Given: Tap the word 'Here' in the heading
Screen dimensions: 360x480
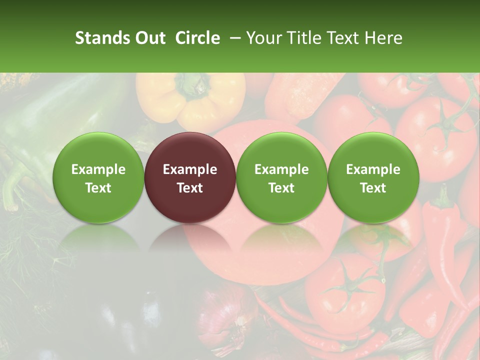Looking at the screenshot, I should (x=385, y=38).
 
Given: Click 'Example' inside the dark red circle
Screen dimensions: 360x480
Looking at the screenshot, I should (x=190, y=169).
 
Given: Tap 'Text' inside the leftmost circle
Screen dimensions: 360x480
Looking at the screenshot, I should (x=98, y=188).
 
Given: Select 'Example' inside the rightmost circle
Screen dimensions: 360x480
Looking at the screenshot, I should (x=373, y=169).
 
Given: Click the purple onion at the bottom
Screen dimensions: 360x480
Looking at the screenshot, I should (x=225, y=325).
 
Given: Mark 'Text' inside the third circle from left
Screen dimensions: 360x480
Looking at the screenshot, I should (x=281, y=188).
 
